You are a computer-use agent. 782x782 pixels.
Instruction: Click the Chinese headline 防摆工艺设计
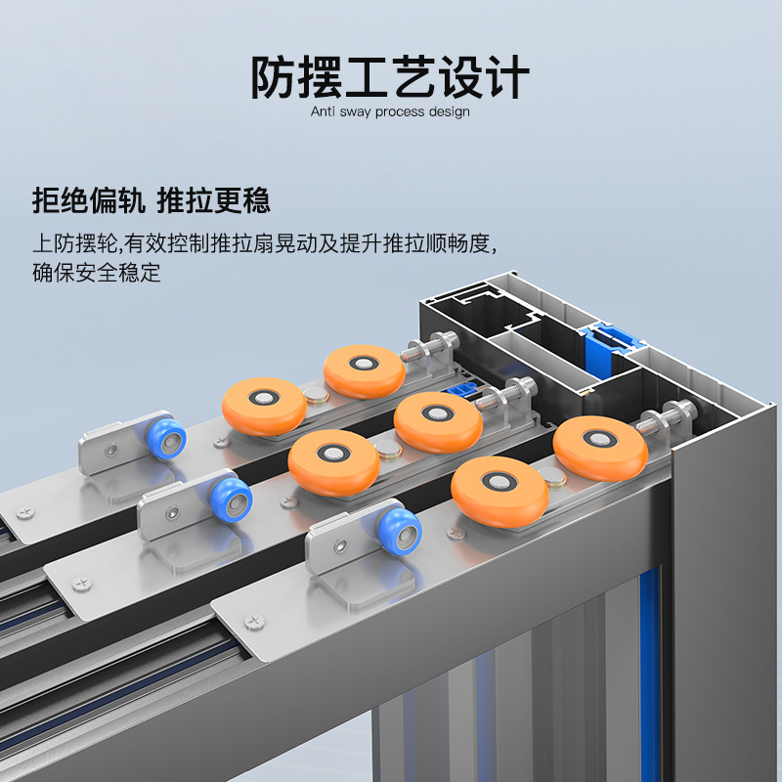(389, 77)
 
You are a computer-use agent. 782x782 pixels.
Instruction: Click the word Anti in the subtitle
(323, 111)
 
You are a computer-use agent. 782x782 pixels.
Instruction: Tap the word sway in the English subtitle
(355, 112)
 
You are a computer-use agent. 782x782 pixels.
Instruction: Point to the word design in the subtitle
(449, 111)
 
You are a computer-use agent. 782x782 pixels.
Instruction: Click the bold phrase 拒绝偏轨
(89, 200)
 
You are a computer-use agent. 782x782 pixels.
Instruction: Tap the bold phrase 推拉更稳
(213, 200)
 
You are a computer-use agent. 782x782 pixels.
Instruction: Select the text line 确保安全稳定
(97, 273)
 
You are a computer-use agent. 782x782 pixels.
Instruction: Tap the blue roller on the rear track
(167, 439)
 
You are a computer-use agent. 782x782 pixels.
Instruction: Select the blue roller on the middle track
(232, 500)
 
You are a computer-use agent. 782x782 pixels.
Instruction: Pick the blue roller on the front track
(400, 532)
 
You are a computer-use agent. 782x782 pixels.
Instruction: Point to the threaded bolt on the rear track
(430, 347)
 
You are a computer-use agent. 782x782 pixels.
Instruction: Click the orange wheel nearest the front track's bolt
(600, 448)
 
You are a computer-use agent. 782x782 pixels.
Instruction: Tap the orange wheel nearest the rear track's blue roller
(264, 407)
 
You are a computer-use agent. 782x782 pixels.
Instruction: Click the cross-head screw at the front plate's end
(254, 622)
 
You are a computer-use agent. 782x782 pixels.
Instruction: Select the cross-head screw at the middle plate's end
(82, 584)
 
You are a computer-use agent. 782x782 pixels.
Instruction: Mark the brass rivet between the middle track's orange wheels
(387, 449)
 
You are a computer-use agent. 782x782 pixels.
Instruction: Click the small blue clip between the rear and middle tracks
(461, 388)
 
